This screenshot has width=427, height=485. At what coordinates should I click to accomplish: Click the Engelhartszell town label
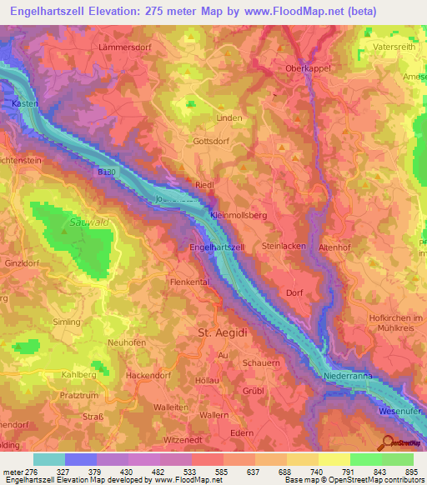217,247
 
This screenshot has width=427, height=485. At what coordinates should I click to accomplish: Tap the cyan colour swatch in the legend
49,459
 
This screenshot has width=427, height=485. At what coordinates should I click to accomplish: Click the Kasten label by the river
27,102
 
